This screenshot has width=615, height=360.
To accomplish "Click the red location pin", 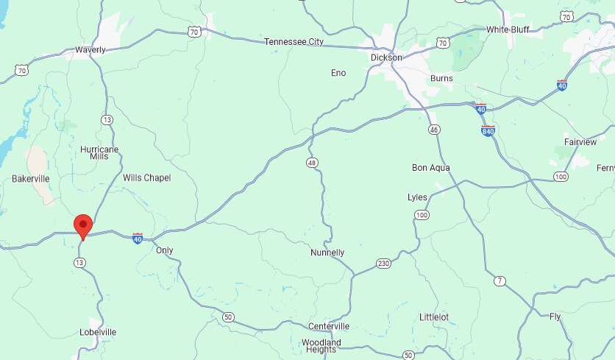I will click(83, 225).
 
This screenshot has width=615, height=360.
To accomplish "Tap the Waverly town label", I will click(90, 50).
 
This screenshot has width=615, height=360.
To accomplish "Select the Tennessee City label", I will click(294, 42).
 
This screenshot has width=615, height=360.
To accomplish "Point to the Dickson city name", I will click(386, 57).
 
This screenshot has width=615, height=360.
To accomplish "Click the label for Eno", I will click(338, 72).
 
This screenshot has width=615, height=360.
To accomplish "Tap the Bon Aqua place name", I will click(430, 168).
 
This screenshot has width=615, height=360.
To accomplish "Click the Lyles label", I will click(417, 197).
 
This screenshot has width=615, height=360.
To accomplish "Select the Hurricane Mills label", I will click(99, 152).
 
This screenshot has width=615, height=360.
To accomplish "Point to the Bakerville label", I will click(31, 179).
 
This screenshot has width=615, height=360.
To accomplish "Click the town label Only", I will click(165, 250).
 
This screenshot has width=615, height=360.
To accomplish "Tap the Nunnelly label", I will click(327, 253).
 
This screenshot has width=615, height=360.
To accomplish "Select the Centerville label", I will click(329, 326).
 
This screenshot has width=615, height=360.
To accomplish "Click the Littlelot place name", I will click(434, 317).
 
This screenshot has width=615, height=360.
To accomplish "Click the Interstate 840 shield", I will click(488, 131).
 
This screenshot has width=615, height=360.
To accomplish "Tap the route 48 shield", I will click(313, 161).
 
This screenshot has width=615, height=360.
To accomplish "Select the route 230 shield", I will click(383, 263).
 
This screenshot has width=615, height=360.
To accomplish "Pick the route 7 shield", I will click(500, 280).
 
